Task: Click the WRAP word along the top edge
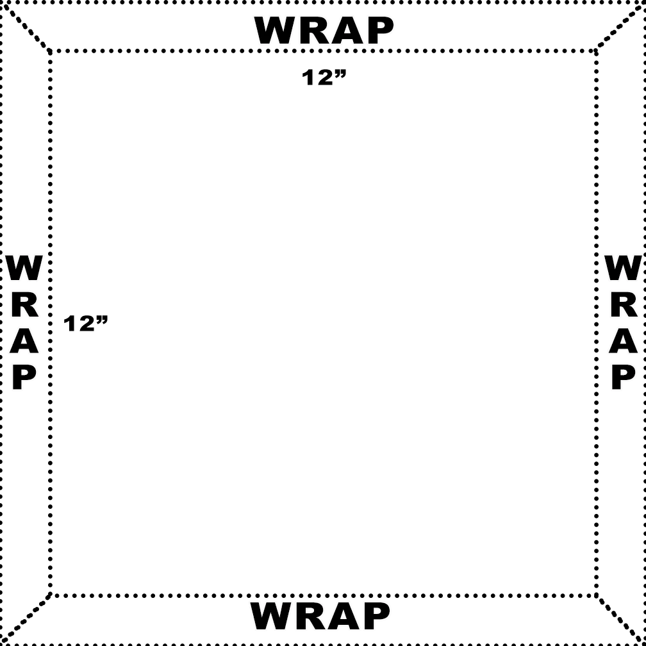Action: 324,31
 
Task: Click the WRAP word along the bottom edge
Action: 320,616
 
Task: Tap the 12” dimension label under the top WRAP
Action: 324,78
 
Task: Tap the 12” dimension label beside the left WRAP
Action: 86,324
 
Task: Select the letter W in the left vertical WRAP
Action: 24,268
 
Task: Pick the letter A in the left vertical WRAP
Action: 24,341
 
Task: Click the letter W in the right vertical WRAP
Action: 623,268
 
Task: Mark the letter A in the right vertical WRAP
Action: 623,341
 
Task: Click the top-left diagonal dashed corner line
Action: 26,26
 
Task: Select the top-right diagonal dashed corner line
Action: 620,26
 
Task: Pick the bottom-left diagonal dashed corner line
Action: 26,619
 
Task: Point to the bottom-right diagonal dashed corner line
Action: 621,619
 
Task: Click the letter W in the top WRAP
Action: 276,31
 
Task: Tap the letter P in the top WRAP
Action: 380,31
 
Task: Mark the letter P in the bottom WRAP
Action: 376,616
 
